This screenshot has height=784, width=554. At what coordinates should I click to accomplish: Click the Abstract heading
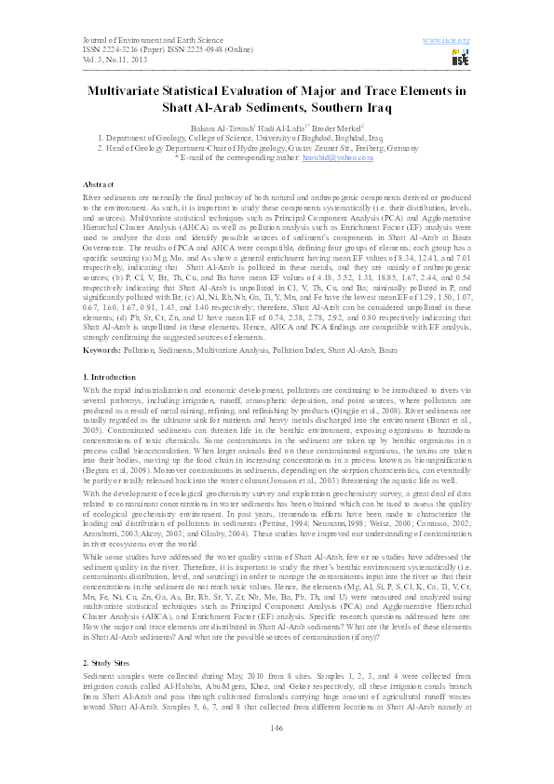(x=98, y=186)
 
